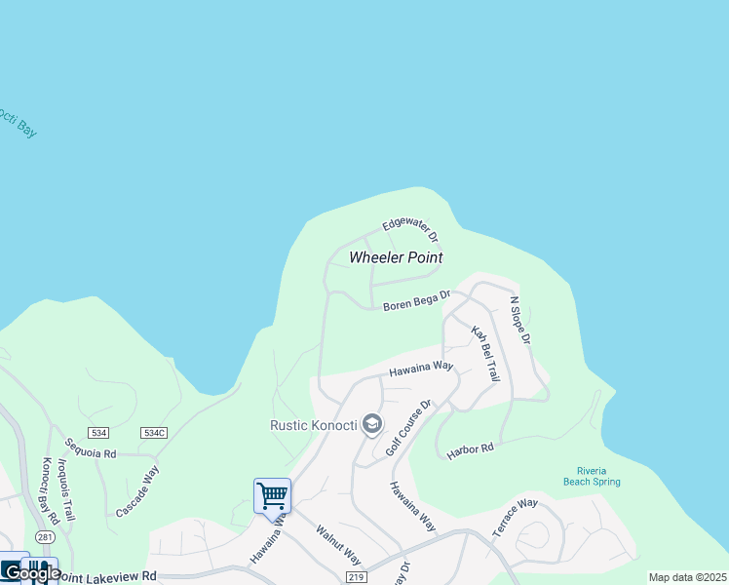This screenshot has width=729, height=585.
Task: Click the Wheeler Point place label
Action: tap(396, 257)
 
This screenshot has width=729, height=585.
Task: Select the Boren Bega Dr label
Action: tap(416, 301)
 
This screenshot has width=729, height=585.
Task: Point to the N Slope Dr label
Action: tap(519, 321)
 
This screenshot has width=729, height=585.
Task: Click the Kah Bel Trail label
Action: tap(485, 353)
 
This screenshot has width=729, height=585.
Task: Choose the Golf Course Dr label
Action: tap(407, 427)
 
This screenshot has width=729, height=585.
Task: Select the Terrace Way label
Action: tap(515, 517)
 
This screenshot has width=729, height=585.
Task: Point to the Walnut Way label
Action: tap(338, 546)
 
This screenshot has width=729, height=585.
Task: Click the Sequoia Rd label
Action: tap(91, 453)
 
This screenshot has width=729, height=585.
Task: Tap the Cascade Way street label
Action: tap(137, 490)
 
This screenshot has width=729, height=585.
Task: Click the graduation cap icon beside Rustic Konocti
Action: tap(370, 424)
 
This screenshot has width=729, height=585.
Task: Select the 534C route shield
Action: tap(154, 432)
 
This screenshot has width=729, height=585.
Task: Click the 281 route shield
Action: tap(45, 537)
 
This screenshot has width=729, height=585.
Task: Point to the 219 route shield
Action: tap(355, 577)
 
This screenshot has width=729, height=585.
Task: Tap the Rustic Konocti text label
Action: tap(313, 424)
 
